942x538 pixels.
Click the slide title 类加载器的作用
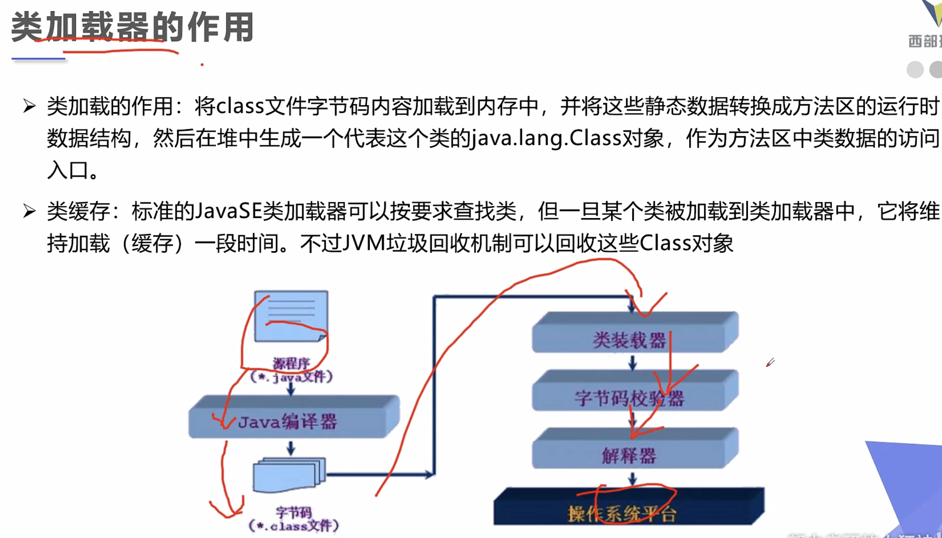click(x=132, y=27)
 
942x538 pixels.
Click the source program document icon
click(x=291, y=317)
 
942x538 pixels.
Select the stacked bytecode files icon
click(x=289, y=475)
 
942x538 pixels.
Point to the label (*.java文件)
click(x=291, y=377)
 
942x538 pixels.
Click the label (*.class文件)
click(x=294, y=526)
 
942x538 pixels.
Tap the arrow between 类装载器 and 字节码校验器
click(x=632, y=363)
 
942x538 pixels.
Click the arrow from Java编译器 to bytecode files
click(x=291, y=448)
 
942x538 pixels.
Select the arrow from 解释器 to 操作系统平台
click(x=632, y=478)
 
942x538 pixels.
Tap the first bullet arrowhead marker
click(x=29, y=106)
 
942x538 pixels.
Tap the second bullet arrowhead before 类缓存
click(x=29, y=211)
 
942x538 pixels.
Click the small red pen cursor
click(x=770, y=363)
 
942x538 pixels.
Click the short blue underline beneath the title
click(x=38, y=59)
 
